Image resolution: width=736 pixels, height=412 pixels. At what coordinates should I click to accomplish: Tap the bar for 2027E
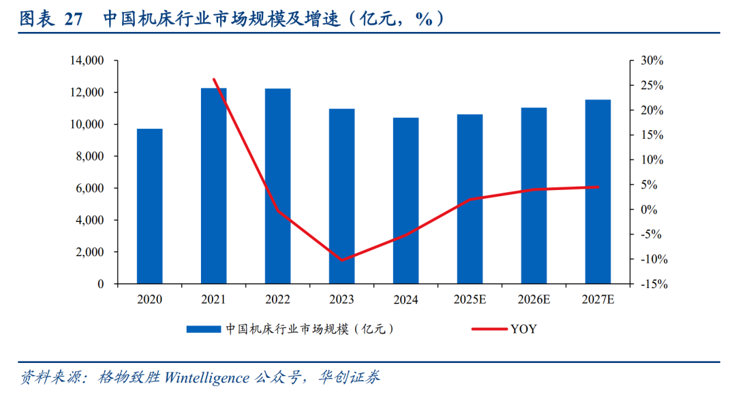598,191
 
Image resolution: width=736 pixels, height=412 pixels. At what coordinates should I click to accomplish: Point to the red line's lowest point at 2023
341,260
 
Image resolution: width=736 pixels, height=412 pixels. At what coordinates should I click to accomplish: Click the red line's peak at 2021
214,80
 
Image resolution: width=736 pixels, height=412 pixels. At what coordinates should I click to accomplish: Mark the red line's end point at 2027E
598,187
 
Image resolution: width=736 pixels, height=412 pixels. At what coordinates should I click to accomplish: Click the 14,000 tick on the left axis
86,61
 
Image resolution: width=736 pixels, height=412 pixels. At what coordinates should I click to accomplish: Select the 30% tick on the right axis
652,61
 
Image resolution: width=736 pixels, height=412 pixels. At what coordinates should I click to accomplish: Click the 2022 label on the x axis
277,300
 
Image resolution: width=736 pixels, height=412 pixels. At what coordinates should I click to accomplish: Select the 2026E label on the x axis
534,300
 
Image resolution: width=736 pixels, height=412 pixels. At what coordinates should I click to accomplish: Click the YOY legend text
523,330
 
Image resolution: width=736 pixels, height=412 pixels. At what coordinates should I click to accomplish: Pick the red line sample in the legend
489,330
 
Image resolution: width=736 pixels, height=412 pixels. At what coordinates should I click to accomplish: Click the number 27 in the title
73,19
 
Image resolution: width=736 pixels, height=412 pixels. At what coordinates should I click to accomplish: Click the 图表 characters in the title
36,19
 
